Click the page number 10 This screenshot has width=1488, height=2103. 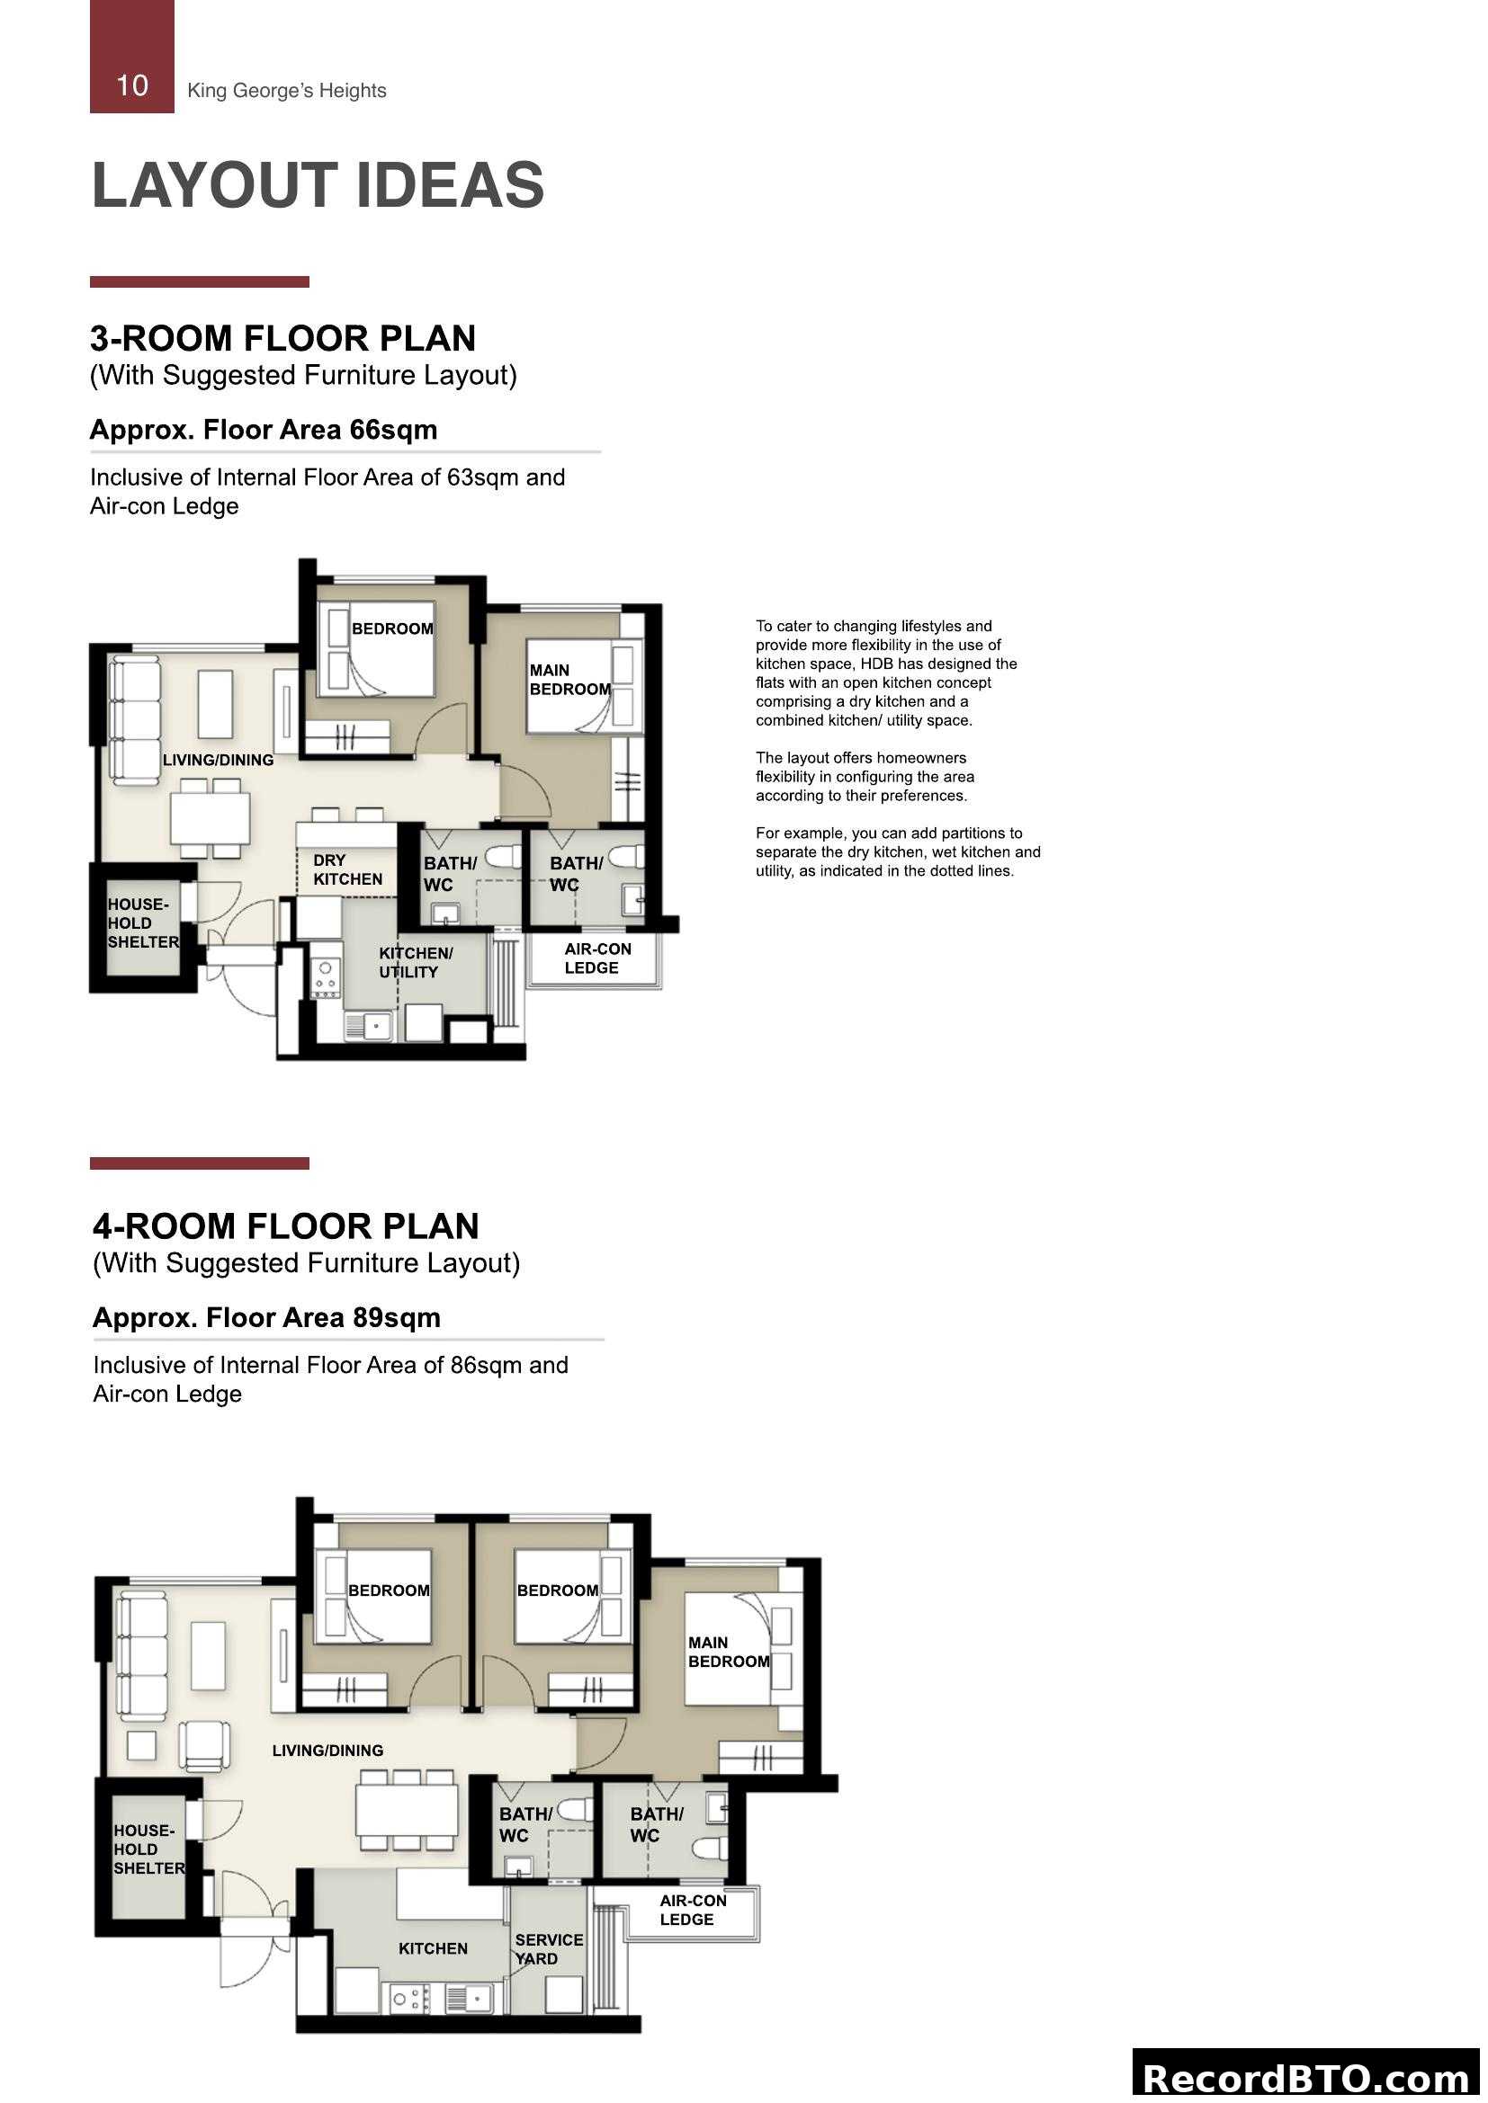pos(132,85)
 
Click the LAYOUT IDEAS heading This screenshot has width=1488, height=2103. pos(318,185)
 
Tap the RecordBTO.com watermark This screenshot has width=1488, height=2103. pos(1306,2077)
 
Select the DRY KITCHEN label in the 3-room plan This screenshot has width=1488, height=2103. pos(347,869)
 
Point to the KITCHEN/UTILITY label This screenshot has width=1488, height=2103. pos(415,962)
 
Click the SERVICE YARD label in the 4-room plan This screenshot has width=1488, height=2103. pos(548,1948)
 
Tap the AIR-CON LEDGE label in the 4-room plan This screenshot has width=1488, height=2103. pos(692,1910)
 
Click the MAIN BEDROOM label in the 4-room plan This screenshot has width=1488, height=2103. pos(729,1652)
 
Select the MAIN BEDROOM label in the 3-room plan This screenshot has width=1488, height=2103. pos(569,680)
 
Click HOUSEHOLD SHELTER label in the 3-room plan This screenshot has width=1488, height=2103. pos(143,922)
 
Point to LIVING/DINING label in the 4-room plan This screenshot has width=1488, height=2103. pos(327,1751)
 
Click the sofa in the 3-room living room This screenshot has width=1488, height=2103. pos(135,719)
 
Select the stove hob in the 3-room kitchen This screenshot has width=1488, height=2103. pos(326,978)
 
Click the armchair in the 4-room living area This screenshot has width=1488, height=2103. pos(204,1745)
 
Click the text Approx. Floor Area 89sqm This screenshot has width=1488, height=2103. pos(266,1318)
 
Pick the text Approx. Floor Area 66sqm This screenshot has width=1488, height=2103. pos(263,430)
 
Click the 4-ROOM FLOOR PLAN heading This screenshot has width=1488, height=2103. pos(286,1226)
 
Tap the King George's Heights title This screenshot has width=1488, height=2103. pos(286,90)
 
